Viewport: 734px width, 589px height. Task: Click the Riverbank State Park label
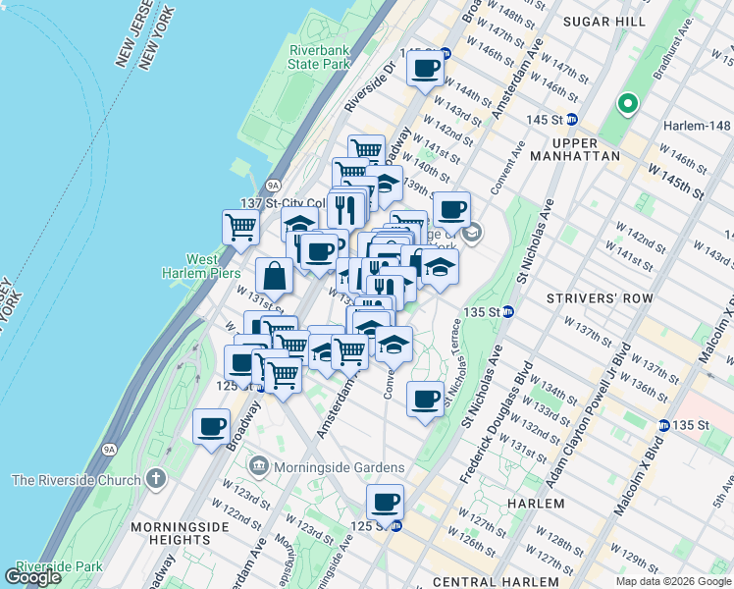point(320,57)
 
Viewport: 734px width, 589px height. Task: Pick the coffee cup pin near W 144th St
point(425,69)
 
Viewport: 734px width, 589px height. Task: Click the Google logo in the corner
point(32,577)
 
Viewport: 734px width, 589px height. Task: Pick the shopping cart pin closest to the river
point(240,228)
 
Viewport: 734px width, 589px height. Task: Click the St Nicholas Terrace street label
point(453,359)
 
